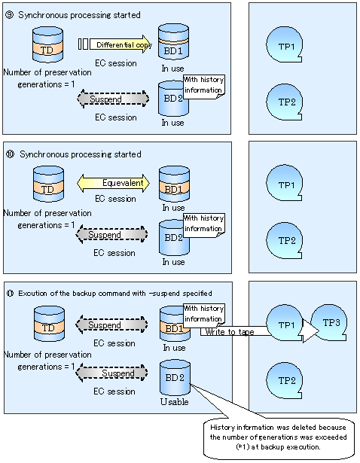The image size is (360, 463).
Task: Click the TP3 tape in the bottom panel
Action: [x=328, y=323]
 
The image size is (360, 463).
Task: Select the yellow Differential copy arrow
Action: [x=121, y=44]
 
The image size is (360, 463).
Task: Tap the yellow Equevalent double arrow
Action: [x=114, y=183]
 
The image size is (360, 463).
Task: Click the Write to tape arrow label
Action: [x=230, y=331]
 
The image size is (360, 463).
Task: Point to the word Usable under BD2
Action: [x=174, y=401]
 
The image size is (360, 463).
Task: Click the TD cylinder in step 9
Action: [x=47, y=44]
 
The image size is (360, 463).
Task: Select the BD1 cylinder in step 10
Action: [x=174, y=184]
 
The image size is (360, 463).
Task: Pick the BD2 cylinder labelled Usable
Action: [x=175, y=377]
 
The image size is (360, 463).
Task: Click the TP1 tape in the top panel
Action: [x=284, y=44]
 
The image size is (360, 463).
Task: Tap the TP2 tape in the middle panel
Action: [x=284, y=241]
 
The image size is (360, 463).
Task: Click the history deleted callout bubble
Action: [x=279, y=437]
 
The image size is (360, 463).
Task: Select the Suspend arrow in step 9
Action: [x=113, y=99]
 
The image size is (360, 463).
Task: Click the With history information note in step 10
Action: [x=204, y=224]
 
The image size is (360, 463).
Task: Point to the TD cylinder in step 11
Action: [x=49, y=324]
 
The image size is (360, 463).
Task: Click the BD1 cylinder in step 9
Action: [x=173, y=42]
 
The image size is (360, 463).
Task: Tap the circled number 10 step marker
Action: [x=11, y=154]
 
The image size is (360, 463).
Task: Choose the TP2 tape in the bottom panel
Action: [x=284, y=381]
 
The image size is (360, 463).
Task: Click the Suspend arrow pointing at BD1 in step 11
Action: [x=111, y=324]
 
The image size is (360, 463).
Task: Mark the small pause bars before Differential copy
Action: [x=83, y=44]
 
